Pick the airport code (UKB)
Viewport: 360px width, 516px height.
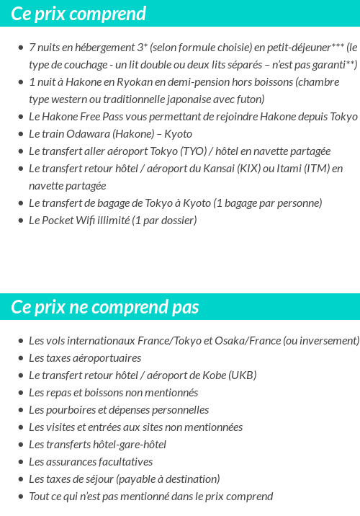point(243,375)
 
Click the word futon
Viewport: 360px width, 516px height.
point(251,99)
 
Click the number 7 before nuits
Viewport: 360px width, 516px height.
point(32,48)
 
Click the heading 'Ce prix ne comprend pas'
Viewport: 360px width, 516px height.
point(105,308)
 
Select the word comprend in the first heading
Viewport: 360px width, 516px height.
point(111,14)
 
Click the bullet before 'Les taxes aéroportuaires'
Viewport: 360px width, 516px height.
point(20,358)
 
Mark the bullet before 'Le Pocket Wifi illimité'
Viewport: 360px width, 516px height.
point(20,221)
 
